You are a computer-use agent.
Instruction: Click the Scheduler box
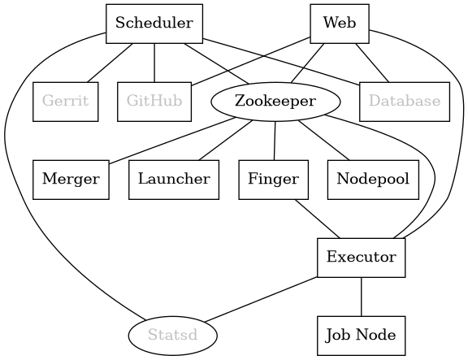[x=154, y=23]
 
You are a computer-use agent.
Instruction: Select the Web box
[x=339, y=23]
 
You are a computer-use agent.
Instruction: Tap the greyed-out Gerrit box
[x=66, y=102]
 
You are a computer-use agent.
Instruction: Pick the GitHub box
[x=154, y=102]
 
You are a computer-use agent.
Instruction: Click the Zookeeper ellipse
[x=275, y=102]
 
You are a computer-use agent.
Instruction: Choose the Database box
[x=404, y=102]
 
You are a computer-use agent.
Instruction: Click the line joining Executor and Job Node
[x=361, y=297]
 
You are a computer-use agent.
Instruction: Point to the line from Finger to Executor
[x=317, y=219]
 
